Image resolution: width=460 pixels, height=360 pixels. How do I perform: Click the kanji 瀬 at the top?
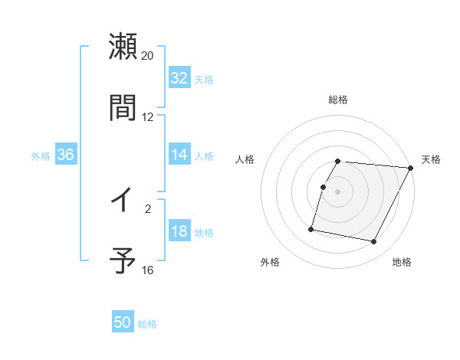pos(123,47)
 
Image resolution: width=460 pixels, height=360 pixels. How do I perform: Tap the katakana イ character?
pos(122,200)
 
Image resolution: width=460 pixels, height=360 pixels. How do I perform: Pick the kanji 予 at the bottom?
pos(123,260)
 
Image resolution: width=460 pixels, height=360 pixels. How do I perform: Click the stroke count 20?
pos(148,56)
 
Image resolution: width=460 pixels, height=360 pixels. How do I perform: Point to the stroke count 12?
pos(148,116)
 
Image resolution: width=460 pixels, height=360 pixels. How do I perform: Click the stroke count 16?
pos(148,270)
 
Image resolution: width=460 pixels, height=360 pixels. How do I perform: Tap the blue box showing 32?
pos(179,78)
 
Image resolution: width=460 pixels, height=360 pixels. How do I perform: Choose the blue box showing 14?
pos(179,155)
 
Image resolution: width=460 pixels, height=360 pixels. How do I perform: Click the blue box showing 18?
pos(179,231)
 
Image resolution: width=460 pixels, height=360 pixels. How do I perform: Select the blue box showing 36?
pos(66,155)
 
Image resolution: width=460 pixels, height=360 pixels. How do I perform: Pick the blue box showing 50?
pos(123,323)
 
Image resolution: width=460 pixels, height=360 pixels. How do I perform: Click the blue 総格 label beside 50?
pos(147,324)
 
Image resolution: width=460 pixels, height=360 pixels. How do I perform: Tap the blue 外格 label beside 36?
pos(41,155)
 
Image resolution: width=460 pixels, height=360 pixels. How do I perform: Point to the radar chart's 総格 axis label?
pos(338,100)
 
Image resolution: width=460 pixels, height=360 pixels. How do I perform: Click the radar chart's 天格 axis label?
pos(432,159)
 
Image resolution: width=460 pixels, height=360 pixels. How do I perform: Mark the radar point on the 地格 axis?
pos(374,242)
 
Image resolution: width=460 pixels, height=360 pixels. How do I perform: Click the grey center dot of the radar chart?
pos(338,191)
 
